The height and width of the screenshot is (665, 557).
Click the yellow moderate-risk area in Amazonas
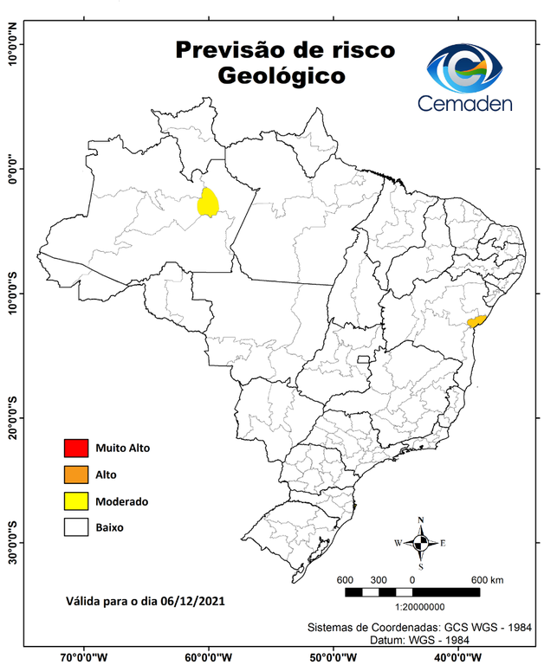pos(208,203)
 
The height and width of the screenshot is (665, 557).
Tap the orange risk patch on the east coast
pos(476,320)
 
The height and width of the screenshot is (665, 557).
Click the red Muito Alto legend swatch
pos(76,449)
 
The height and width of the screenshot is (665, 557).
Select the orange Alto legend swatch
pos(76,475)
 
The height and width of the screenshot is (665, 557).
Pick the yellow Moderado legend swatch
pos(76,500)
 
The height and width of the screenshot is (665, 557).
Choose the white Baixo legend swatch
pos(76,526)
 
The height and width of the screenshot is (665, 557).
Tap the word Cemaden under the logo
pos(464,104)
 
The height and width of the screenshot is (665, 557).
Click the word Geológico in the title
pos(282,76)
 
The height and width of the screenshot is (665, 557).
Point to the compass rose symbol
pos(421,543)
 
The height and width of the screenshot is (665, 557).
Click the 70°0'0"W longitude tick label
pos(84,655)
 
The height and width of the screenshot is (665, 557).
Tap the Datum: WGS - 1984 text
pos(426,639)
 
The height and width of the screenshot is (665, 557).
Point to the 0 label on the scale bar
pos(412,579)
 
